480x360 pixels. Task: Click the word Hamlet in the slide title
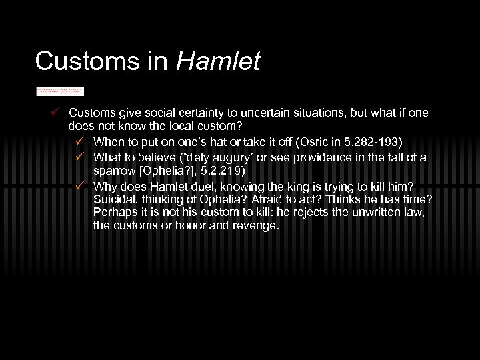coord(219,61)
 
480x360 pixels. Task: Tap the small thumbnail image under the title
coord(59,90)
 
